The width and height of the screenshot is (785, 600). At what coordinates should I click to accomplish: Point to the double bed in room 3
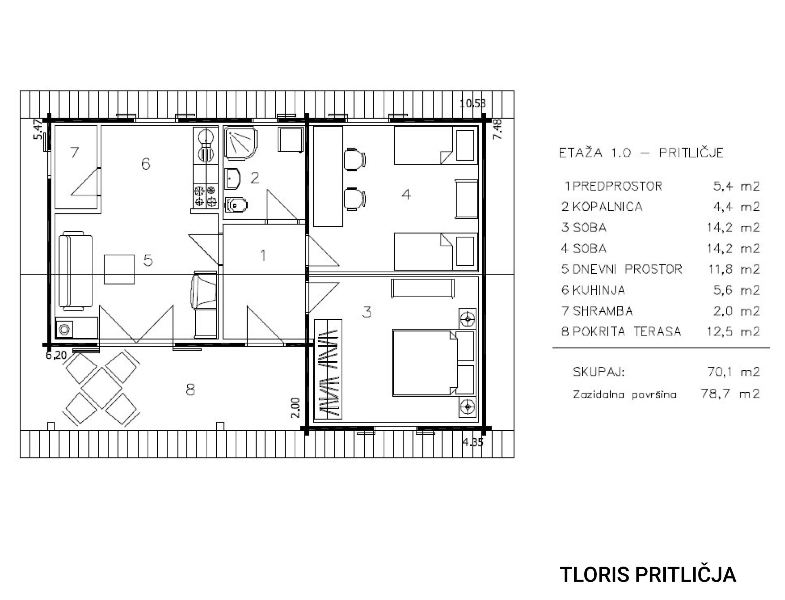click(x=433, y=363)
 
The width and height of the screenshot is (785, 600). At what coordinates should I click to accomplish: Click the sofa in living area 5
click(x=75, y=271)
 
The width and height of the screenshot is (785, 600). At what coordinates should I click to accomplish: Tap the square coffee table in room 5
click(x=119, y=269)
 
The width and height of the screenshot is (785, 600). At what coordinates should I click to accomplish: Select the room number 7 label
click(x=74, y=153)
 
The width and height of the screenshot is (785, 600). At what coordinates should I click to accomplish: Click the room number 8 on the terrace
click(x=191, y=390)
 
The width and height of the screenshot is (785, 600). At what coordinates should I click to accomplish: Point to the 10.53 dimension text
click(x=473, y=104)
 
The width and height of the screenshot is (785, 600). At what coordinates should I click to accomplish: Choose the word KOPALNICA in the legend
click(x=607, y=207)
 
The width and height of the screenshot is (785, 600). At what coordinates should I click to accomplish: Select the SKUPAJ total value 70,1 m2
click(x=733, y=372)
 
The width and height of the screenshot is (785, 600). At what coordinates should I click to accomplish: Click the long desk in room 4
click(x=328, y=176)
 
